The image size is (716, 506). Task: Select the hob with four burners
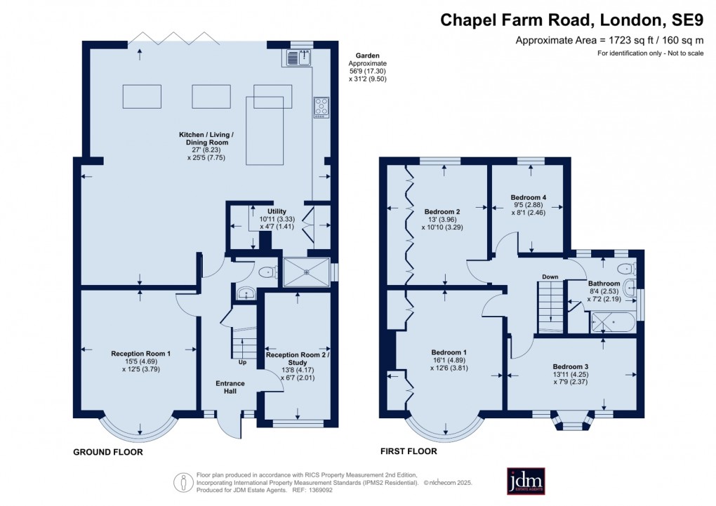pyautogui.click(x=321, y=107)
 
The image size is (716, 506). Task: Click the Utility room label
pyautogui.click(x=277, y=211)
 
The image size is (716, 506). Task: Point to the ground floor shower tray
pyautogui.click(x=305, y=271)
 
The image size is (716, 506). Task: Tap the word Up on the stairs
pyautogui.click(x=243, y=363)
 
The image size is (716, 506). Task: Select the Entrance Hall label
pyautogui.click(x=230, y=387)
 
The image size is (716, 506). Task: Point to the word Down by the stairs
pyautogui.click(x=550, y=277)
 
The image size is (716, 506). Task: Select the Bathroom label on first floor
pyautogui.click(x=604, y=284)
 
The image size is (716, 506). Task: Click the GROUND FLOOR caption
pyautogui.click(x=108, y=453)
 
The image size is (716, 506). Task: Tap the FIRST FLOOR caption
pyautogui.click(x=408, y=451)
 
